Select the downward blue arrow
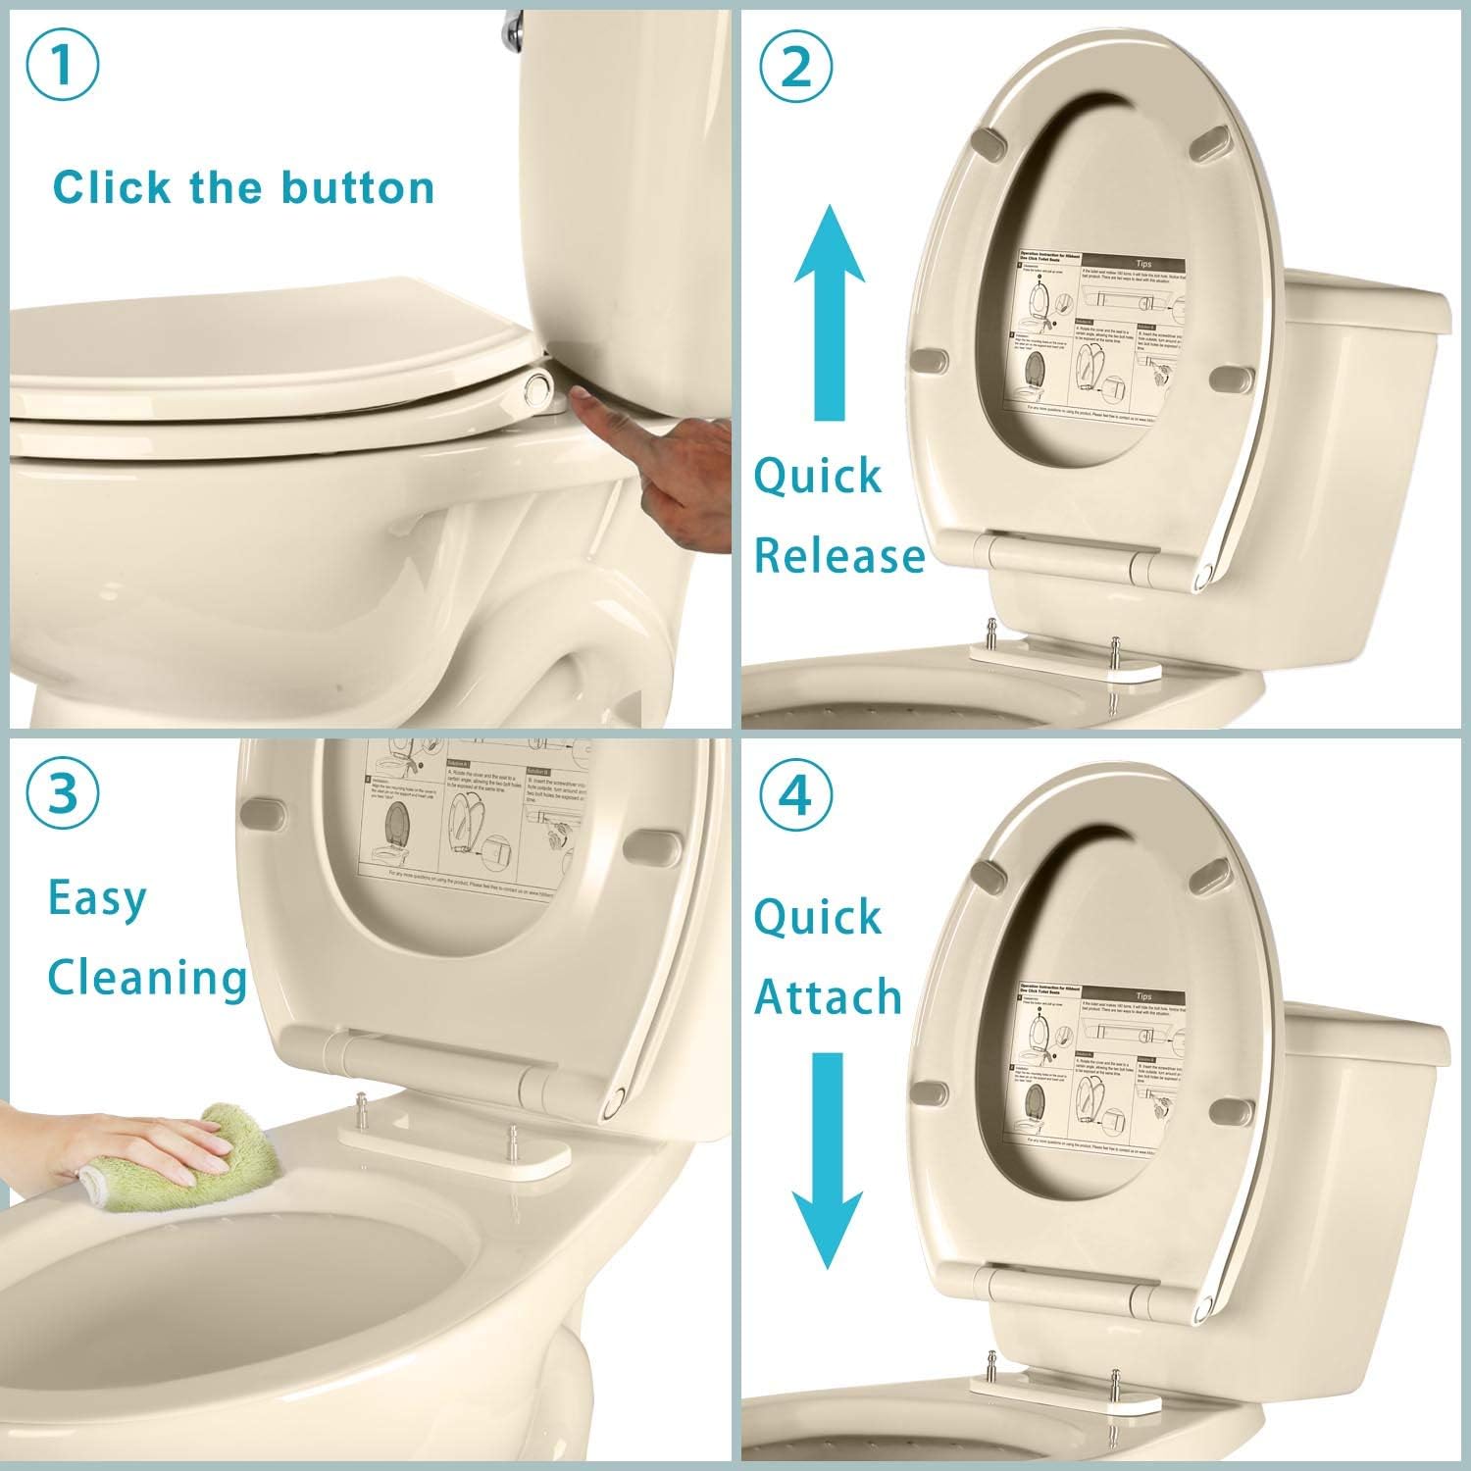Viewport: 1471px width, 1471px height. click(x=829, y=1157)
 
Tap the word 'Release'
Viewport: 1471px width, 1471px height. click(x=839, y=556)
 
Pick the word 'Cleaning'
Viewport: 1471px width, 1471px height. click(x=147, y=978)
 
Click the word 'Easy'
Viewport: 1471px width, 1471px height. click(x=97, y=897)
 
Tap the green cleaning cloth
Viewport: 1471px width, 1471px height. click(x=240, y=1142)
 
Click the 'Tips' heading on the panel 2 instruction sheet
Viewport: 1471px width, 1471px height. click(x=1143, y=264)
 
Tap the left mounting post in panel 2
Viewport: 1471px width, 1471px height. click(x=991, y=628)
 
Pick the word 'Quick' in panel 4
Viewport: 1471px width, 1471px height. click(x=818, y=917)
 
